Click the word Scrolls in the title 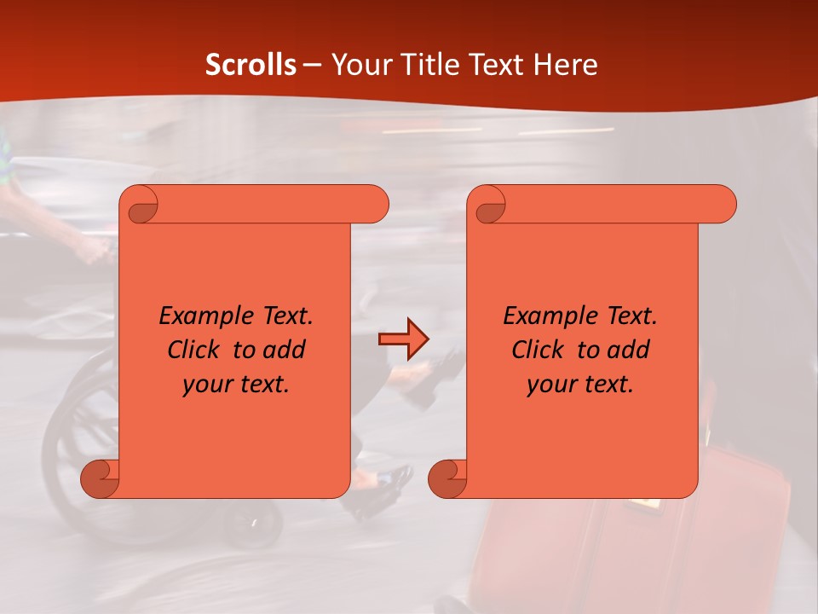pyautogui.click(x=251, y=65)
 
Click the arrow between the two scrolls pyautogui.click(x=403, y=339)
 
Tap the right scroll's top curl pyautogui.click(x=490, y=205)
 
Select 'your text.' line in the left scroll pyautogui.click(x=236, y=384)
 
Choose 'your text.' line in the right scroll pyautogui.click(x=580, y=384)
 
